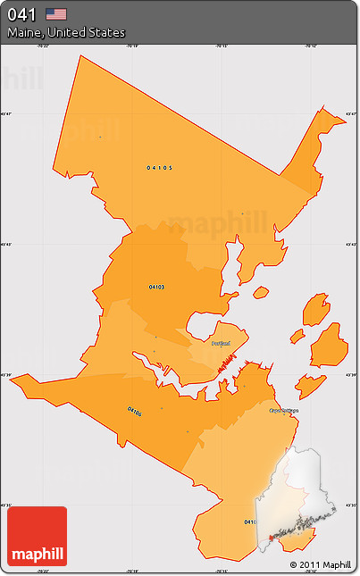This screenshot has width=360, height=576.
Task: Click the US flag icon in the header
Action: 56,13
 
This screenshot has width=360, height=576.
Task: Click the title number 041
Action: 23,13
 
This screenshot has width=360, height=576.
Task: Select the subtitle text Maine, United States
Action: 66,32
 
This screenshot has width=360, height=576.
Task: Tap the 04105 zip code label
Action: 160,167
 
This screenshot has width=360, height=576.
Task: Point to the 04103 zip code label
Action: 156,287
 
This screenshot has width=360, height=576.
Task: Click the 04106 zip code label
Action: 134,411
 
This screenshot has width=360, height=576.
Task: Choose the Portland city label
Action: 221,343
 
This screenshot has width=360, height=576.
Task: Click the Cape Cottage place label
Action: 284,411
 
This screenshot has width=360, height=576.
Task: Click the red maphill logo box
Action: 37,536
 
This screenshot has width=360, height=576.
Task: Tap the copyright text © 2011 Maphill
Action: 321,564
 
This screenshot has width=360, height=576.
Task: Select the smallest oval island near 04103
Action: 261,292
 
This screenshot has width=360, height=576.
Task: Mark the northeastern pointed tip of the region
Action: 319,112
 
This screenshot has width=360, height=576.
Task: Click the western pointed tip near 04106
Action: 13,376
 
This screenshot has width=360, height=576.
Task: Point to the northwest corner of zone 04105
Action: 80,55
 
